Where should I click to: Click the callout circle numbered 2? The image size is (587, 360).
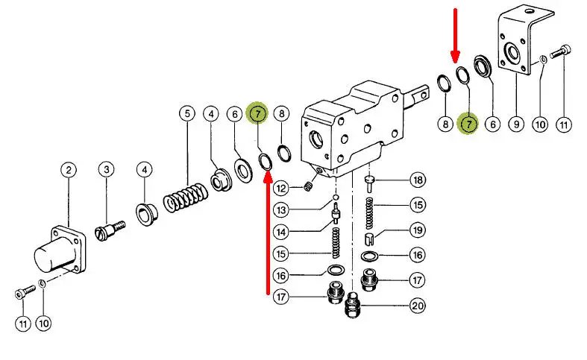(68, 171)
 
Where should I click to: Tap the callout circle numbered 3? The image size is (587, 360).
(107, 171)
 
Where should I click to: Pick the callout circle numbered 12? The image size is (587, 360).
(280, 186)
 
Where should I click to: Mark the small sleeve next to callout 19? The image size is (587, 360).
(369, 239)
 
